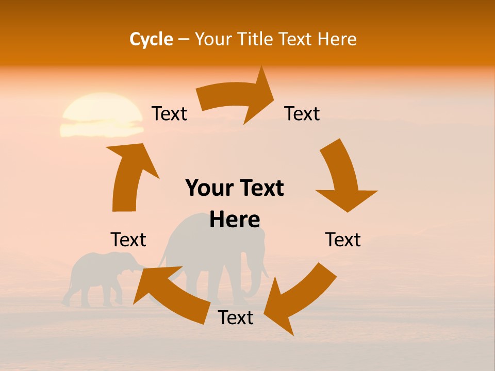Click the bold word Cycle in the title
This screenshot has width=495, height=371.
151,39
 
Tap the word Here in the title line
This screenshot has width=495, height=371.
336,39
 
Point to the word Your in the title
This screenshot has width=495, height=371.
212,39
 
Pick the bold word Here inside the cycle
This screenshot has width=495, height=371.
235,220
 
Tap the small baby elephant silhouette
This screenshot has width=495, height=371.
101,278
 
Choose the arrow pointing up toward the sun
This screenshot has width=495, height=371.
129,175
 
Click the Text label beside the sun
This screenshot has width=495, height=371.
169,113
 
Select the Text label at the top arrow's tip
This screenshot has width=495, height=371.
302,113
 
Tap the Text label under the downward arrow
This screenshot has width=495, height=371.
343,240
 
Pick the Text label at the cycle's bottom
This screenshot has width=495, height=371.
236,317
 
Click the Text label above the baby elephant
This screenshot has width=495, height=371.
128,240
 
